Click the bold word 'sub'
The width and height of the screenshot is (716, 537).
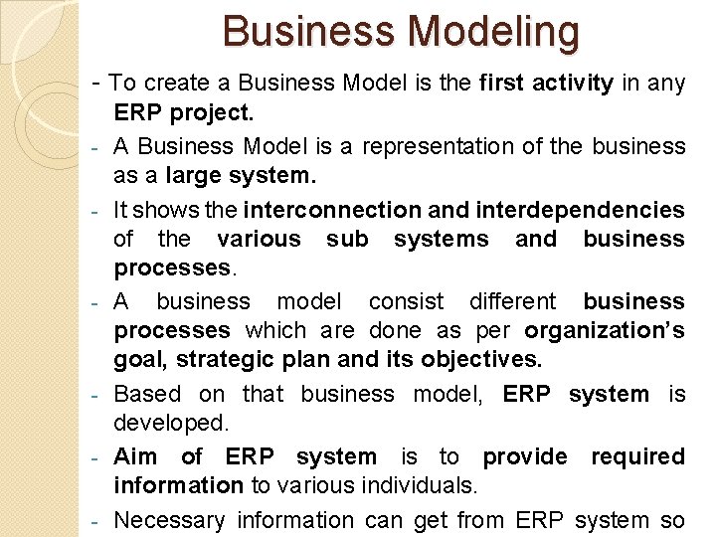coord(347,240)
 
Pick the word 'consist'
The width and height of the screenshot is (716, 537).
coord(403,301)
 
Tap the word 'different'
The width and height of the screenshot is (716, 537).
coord(512,301)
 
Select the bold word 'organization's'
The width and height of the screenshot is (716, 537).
coord(605,331)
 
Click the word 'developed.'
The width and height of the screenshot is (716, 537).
coord(171,424)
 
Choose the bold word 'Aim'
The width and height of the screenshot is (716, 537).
coord(135,456)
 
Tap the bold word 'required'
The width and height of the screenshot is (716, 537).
coord(637,456)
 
